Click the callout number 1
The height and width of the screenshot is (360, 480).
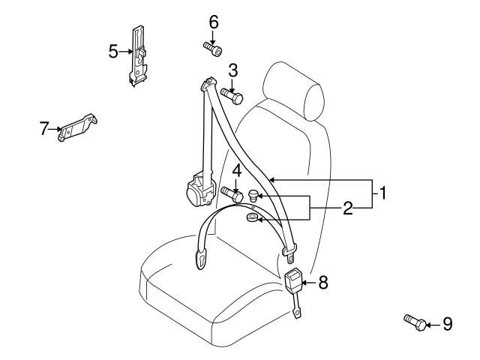coord(382,194)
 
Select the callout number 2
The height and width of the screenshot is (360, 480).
coord(347,208)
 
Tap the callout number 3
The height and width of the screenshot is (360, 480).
coord(233,71)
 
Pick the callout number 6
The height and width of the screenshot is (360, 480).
coord(214,22)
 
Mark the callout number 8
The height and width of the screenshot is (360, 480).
coord(323,282)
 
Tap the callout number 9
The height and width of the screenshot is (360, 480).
coord(447,324)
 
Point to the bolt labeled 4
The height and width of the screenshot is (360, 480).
coord(231,194)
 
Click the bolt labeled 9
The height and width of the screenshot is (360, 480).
coord(415,322)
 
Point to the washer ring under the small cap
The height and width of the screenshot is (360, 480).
coord(253,219)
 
